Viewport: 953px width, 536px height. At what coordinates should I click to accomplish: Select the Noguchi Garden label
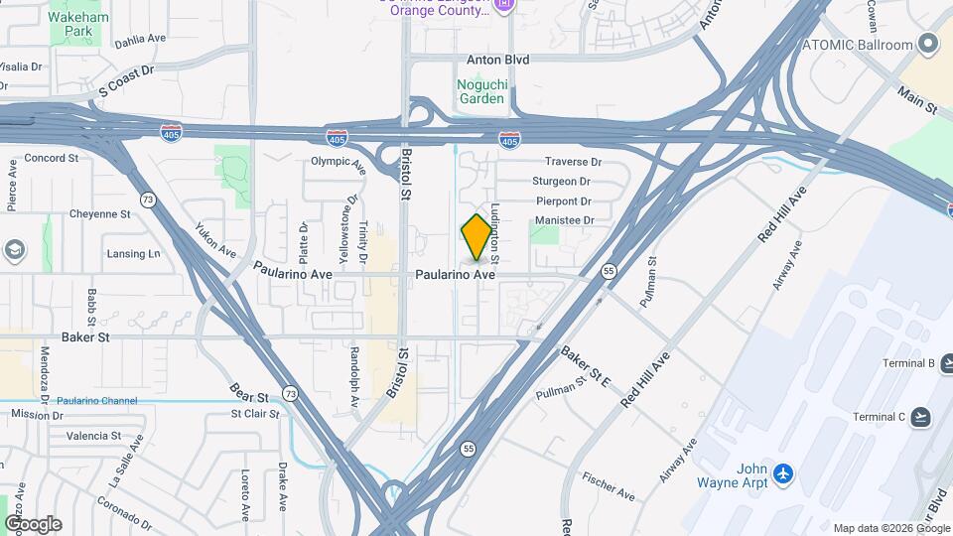coord(481,91)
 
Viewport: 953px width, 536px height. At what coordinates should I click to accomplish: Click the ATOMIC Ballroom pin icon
coord(928,45)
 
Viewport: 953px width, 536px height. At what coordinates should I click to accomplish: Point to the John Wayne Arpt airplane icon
coord(784,474)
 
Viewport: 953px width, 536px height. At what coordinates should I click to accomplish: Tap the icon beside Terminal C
coord(920,417)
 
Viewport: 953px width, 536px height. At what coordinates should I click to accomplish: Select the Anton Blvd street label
coord(498,60)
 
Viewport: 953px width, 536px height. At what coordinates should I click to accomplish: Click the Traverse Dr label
coord(574,162)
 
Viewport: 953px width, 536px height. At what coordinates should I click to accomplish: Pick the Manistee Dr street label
coord(564,220)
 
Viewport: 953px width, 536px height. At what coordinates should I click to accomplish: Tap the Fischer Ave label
coord(610,484)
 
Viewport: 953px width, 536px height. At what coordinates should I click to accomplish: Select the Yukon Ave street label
coord(214,239)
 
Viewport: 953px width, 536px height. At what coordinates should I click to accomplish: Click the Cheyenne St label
coord(99,214)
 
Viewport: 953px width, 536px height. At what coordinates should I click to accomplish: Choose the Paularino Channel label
coord(96,400)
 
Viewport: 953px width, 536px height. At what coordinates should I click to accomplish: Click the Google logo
coord(33,523)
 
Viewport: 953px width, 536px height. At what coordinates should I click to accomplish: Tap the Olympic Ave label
coord(339,161)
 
